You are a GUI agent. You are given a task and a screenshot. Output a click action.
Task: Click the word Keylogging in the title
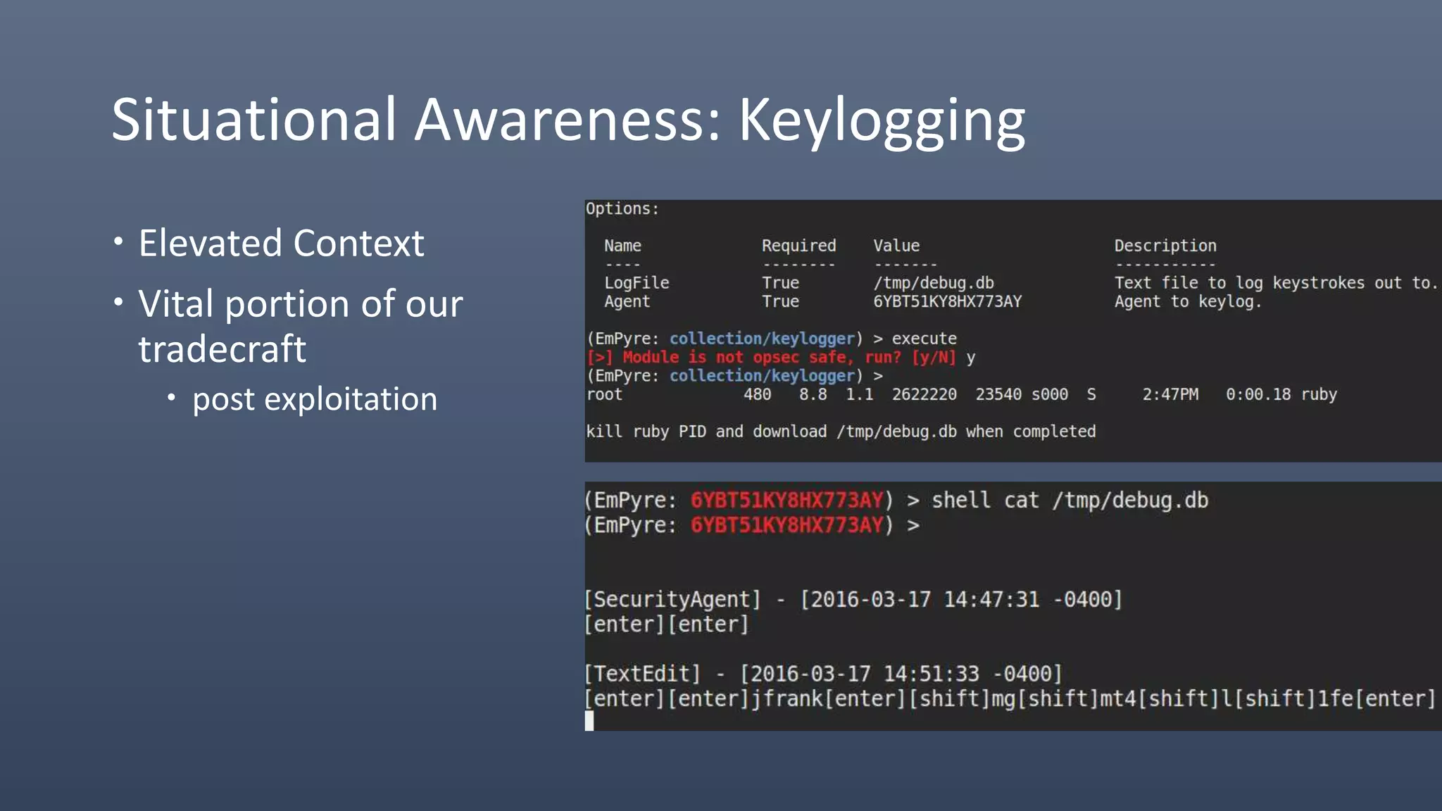click(x=881, y=121)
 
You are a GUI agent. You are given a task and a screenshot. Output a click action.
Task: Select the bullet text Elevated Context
click(x=281, y=244)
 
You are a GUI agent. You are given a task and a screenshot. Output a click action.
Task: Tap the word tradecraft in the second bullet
click(x=222, y=349)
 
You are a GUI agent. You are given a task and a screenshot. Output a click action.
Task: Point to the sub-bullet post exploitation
click(x=315, y=399)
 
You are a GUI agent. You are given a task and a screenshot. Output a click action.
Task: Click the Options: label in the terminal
click(x=622, y=209)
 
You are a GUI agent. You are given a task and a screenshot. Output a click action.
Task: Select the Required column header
click(x=798, y=246)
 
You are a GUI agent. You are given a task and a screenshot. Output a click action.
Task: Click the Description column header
click(x=1165, y=246)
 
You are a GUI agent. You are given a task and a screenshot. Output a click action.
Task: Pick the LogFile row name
click(x=637, y=283)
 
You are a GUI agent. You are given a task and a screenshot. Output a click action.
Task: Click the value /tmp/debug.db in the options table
click(x=933, y=283)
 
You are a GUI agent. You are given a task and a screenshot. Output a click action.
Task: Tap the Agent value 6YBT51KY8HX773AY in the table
click(x=947, y=302)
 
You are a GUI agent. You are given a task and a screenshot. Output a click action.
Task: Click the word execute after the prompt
click(x=924, y=339)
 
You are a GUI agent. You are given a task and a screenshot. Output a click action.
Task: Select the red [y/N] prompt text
click(x=934, y=358)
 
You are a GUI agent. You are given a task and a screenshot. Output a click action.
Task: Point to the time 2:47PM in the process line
click(x=1170, y=395)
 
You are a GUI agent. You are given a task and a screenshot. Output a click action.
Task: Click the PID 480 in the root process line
click(x=757, y=395)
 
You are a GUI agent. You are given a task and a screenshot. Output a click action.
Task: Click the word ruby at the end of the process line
click(x=1318, y=395)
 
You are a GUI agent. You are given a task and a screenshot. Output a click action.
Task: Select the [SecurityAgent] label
click(x=672, y=600)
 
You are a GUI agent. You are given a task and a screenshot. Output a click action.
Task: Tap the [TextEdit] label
click(x=642, y=674)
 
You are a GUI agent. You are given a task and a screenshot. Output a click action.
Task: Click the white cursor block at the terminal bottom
click(x=589, y=721)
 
